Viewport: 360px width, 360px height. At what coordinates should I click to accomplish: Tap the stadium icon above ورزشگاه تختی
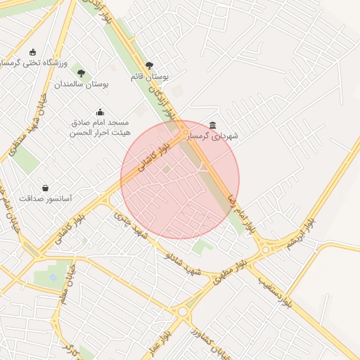coord(32,51)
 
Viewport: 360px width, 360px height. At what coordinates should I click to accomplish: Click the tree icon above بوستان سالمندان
coord(82,72)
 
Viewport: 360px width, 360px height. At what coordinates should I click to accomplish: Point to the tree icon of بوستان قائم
coord(148,65)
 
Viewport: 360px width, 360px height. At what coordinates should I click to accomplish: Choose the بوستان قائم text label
coord(150,76)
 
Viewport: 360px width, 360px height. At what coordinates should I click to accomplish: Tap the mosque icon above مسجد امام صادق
coord(100,111)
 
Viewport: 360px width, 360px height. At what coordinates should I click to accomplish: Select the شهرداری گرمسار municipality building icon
coord(213,124)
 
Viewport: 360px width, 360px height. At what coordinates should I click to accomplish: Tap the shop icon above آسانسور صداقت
coord(46,188)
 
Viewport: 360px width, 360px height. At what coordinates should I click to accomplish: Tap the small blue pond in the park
coord(53,277)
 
